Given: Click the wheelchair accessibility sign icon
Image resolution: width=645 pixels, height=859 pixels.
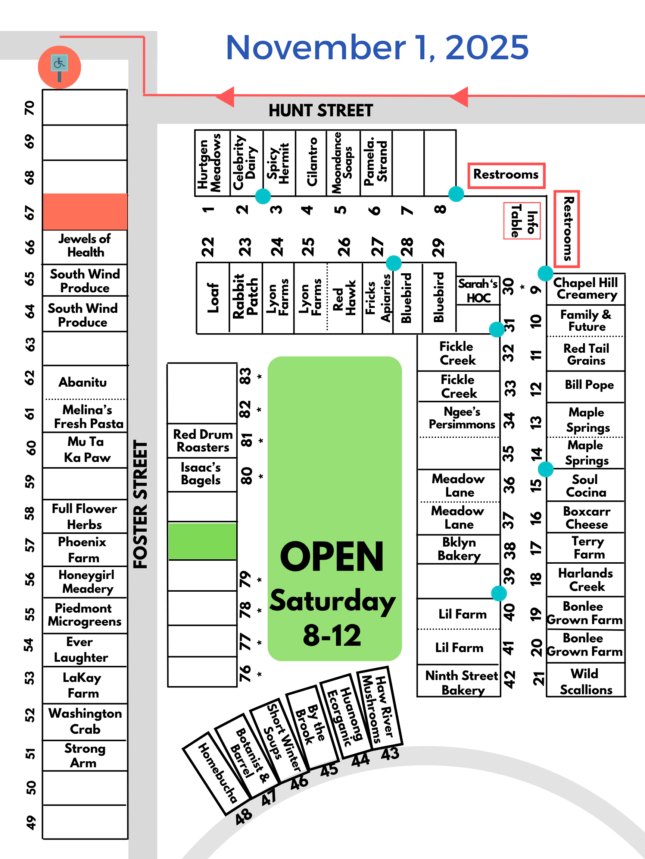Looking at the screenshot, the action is (x=59, y=67).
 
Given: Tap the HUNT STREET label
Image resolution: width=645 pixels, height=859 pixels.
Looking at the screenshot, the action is (x=320, y=111).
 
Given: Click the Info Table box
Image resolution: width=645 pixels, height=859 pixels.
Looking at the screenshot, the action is (x=522, y=221).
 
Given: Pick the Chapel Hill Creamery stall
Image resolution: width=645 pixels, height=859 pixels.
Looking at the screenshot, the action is (x=586, y=289).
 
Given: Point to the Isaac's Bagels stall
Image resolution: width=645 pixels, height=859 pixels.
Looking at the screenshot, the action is (x=202, y=474).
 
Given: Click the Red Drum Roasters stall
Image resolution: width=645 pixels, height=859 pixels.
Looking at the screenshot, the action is (x=202, y=440).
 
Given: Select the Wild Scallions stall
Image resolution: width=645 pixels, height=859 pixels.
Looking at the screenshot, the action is (x=586, y=681).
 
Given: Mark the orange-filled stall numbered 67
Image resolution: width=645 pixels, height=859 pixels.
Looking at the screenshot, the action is (x=85, y=212).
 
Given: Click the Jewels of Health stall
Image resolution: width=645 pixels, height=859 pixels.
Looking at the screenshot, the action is (x=85, y=246).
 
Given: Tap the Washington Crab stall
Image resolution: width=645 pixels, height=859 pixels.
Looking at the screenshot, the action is (x=85, y=721).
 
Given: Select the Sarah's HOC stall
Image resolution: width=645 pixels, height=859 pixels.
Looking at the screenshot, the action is (x=478, y=290).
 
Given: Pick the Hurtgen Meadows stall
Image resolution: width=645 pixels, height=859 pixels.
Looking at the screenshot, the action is (x=212, y=163).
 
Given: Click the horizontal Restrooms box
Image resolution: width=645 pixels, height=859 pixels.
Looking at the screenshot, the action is (x=506, y=175).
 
